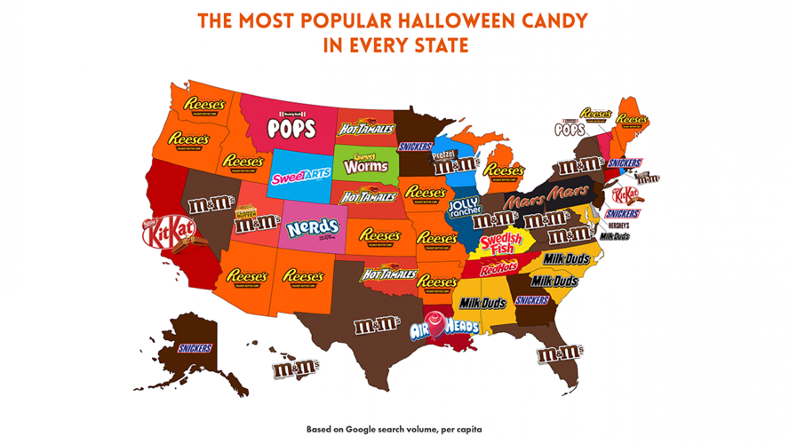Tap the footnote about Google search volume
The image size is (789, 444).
[x=394, y=428]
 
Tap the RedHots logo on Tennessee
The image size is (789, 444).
[x=498, y=268]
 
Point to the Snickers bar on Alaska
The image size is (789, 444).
[x=195, y=348]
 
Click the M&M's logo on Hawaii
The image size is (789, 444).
[x=291, y=364]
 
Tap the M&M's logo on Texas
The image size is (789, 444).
[x=377, y=326]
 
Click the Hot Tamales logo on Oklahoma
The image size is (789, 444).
[x=388, y=273]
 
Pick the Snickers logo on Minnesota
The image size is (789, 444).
[x=416, y=147]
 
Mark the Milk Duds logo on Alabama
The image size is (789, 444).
[x=482, y=304]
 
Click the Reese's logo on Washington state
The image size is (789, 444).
[x=203, y=105]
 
